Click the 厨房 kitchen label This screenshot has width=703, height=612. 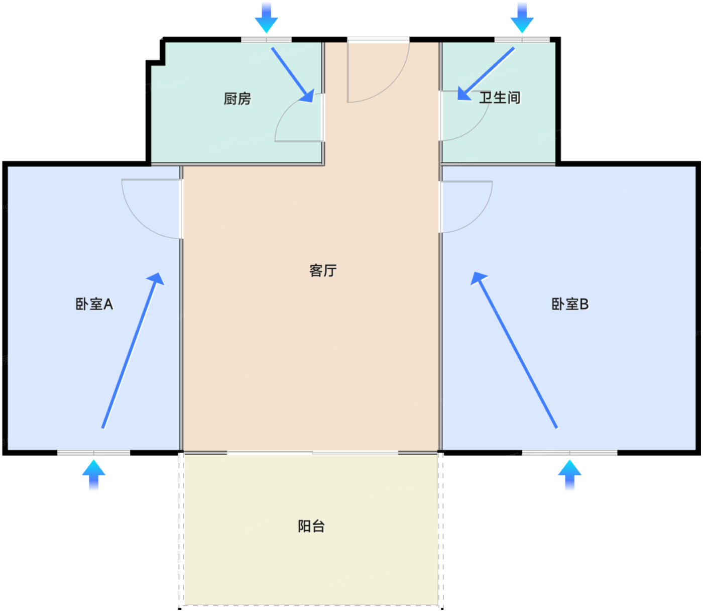pos(237,98)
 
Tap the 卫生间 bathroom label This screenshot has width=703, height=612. pos(500,97)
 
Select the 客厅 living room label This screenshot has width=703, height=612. pos(323,270)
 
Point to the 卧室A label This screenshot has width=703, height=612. pos(94,304)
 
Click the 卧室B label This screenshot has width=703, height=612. pos(570,304)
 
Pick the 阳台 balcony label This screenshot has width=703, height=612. pos(311,526)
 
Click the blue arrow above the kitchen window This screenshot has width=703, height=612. pos(266,18)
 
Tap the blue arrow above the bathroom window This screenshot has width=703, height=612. pos(522,18)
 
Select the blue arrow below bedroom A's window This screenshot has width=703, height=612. pos(93,475)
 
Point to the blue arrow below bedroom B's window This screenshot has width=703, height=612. pos(570,475)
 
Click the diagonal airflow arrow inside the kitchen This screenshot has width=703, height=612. pos(293,75)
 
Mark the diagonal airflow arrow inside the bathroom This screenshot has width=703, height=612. pos(486,73)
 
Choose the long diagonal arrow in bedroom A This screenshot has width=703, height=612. pos(133,350)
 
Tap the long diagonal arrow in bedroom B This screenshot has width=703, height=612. pos(514,350)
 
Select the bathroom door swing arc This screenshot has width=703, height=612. pos(465,116)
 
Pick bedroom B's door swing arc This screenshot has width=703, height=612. pos(466,207)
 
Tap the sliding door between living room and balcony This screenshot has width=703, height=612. pos(312,453)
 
